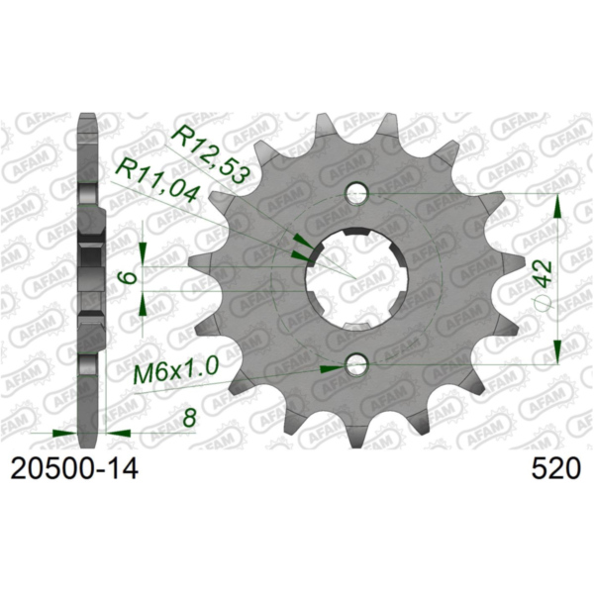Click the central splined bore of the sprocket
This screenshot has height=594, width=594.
pyautogui.click(x=354, y=280)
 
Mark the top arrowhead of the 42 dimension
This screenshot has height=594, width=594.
pyautogui.click(x=558, y=205)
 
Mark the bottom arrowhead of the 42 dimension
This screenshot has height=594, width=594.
pyautogui.click(x=558, y=353)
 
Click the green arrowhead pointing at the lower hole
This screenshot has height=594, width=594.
pyautogui.click(x=333, y=367)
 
